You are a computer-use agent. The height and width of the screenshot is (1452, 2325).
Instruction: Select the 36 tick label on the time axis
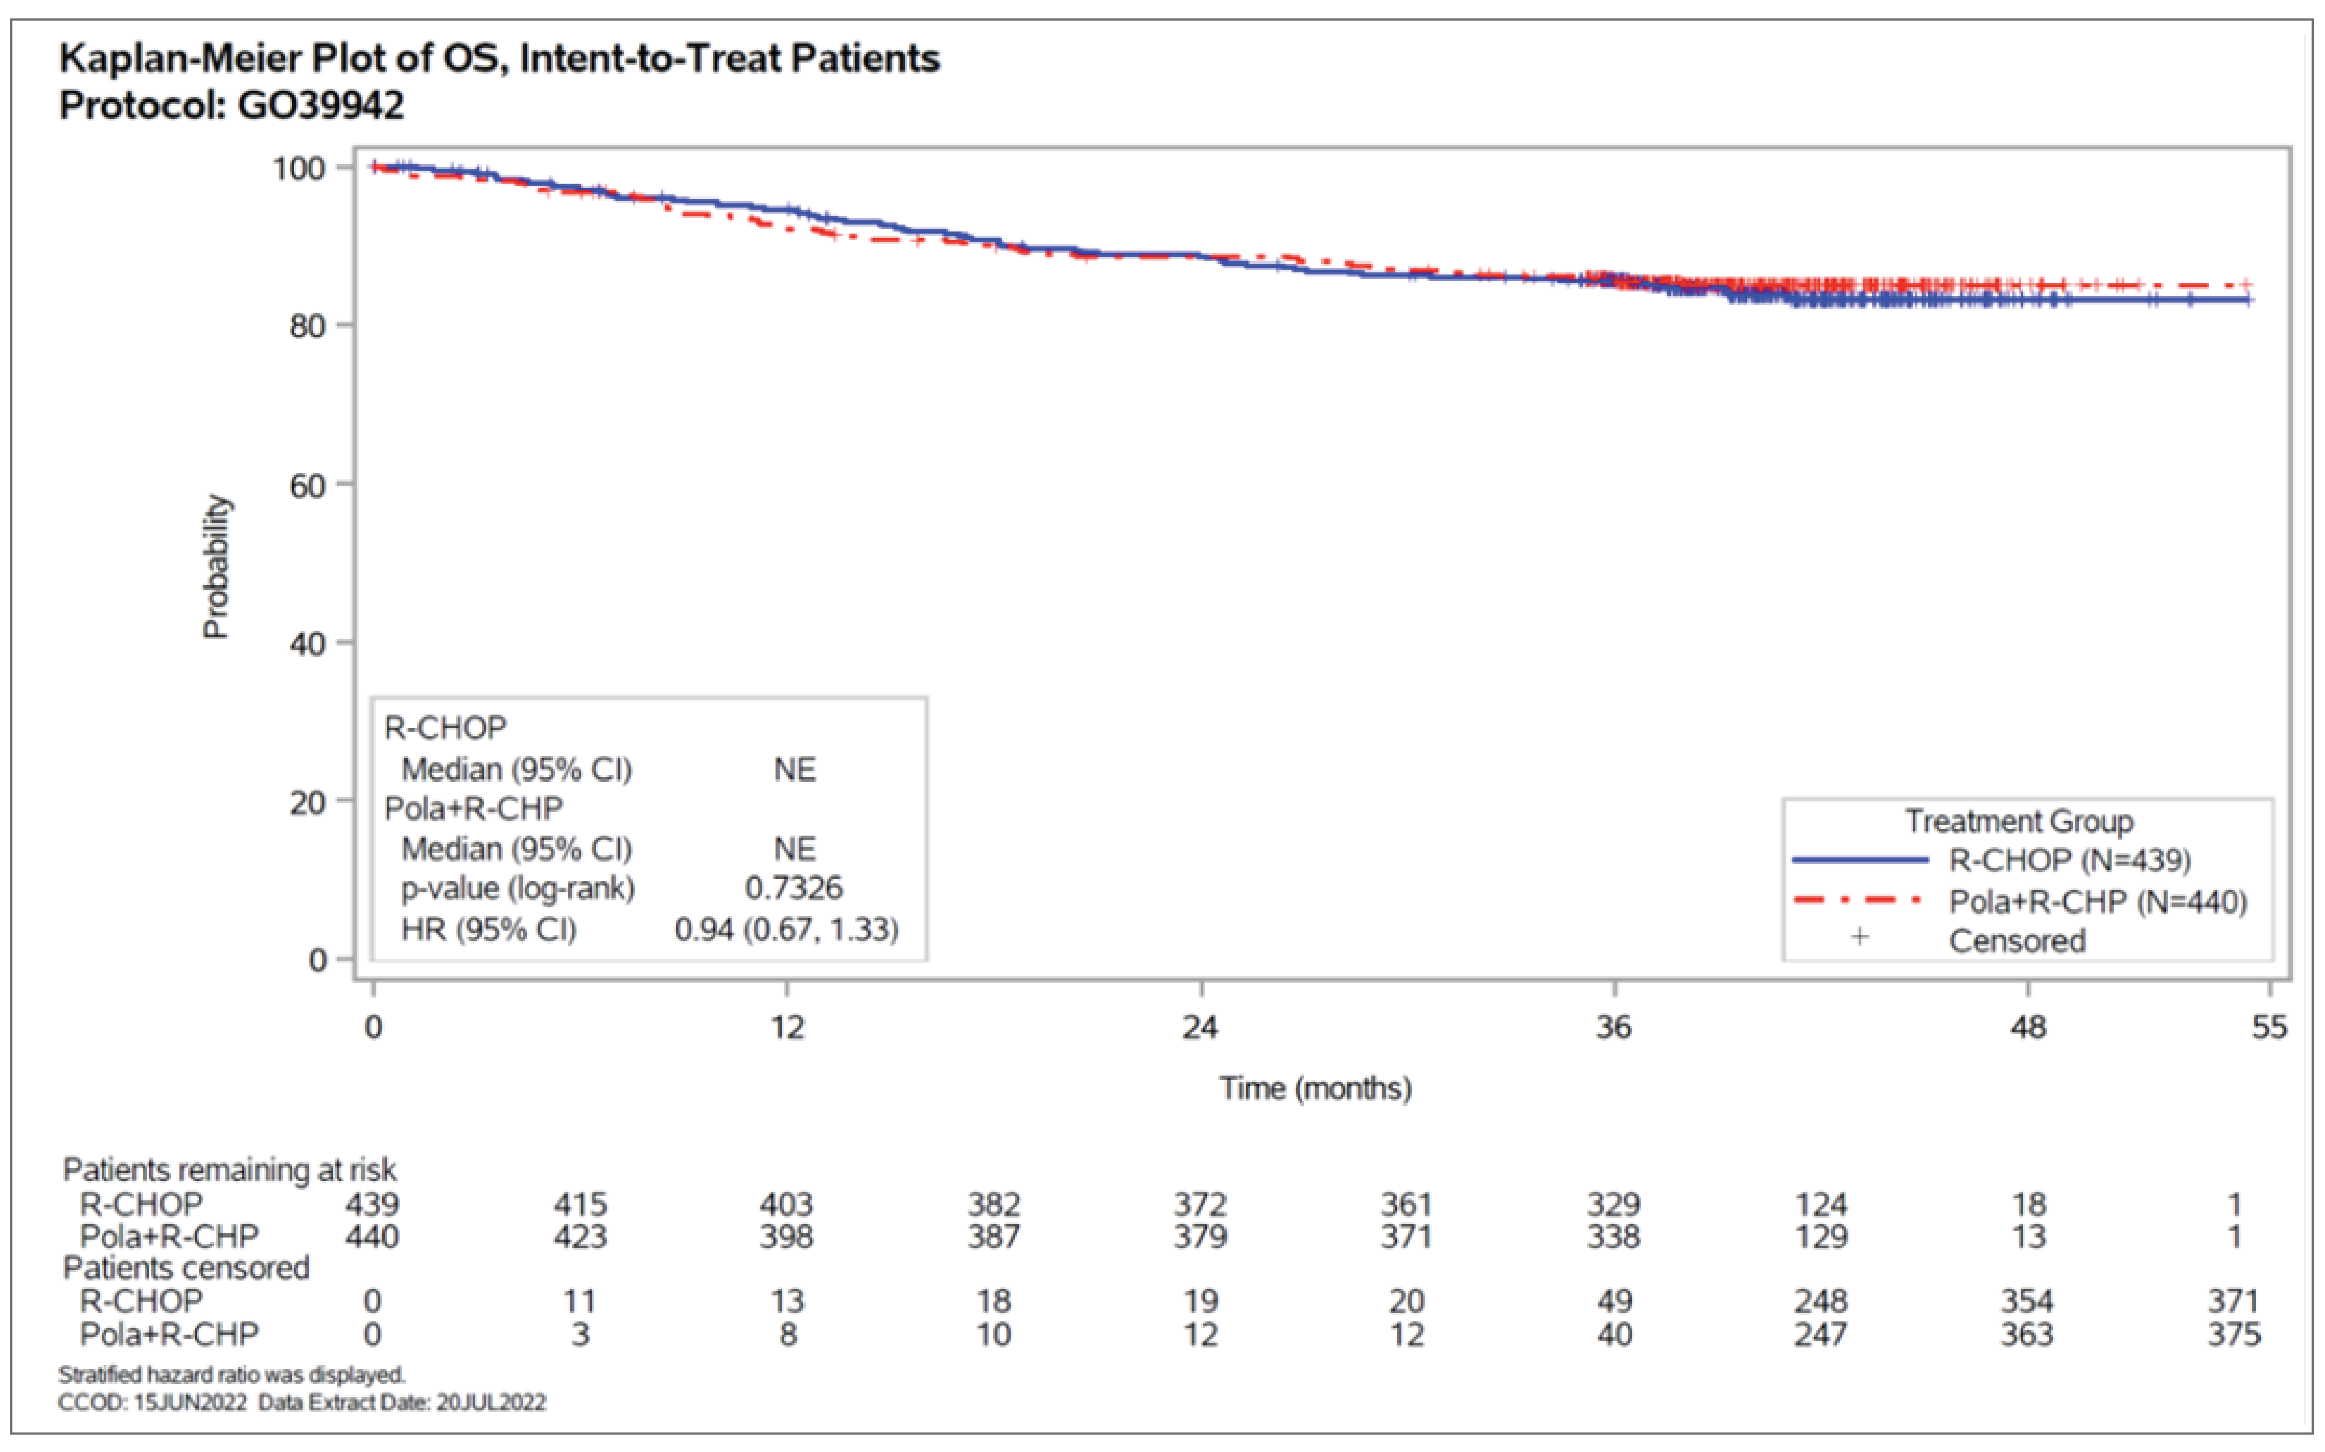coord(1614,1027)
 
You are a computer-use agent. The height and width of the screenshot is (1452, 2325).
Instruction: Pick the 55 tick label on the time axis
coord(2269,1027)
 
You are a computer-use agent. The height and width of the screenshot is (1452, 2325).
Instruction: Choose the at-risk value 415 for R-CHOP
coord(580,1204)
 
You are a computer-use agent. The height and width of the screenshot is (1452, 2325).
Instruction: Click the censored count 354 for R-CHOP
coord(2027,1301)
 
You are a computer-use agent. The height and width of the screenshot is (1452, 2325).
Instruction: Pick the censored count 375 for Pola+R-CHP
coord(2234,1334)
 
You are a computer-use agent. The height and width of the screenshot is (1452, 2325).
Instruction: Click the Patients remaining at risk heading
coord(229,1170)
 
